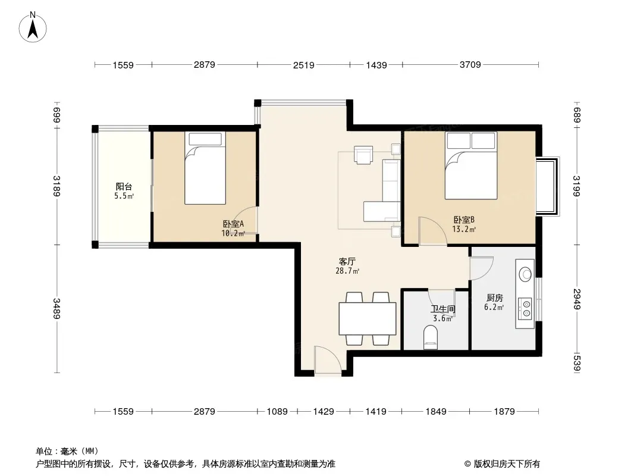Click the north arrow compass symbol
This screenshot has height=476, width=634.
[33, 27]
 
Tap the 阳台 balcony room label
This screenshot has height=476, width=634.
[124, 186]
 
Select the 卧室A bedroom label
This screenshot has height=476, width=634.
[233, 224]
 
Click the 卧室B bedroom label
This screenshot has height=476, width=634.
[464, 220]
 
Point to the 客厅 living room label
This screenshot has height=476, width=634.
[347, 262]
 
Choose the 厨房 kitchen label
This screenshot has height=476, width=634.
[494, 298]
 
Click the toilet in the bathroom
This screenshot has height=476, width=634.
[430, 337]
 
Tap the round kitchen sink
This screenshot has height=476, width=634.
[525, 274]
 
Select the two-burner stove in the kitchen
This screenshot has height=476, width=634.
[525, 308]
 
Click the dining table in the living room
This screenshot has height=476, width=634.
[367, 318]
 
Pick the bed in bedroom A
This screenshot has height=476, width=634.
[205, 168]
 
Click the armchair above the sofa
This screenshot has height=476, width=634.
[363, 155]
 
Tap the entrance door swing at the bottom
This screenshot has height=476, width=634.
[328, 359]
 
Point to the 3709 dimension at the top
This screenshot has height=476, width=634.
[470, 64]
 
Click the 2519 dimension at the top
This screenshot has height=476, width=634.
[304, 65]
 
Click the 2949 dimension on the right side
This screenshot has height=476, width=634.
[577, 299]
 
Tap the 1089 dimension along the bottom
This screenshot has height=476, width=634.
[277, 412]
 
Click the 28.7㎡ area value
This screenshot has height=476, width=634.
[347, 271]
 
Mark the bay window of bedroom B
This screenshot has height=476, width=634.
[548, 186]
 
